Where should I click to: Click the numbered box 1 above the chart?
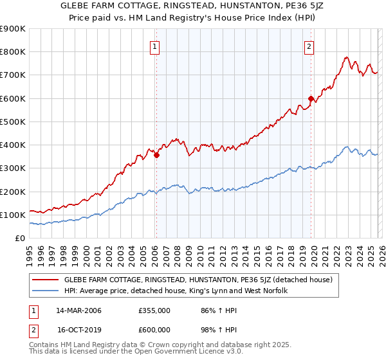click(156, 46)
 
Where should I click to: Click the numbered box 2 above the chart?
click(309, 46)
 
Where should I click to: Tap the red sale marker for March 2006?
click(156, 154)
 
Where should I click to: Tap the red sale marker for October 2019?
click(311, 98)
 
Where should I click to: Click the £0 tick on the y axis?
click(19, 238)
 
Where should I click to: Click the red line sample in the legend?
click(45, 280)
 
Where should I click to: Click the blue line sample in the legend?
click(45, 291)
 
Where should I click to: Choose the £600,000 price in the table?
click(154, 329)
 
